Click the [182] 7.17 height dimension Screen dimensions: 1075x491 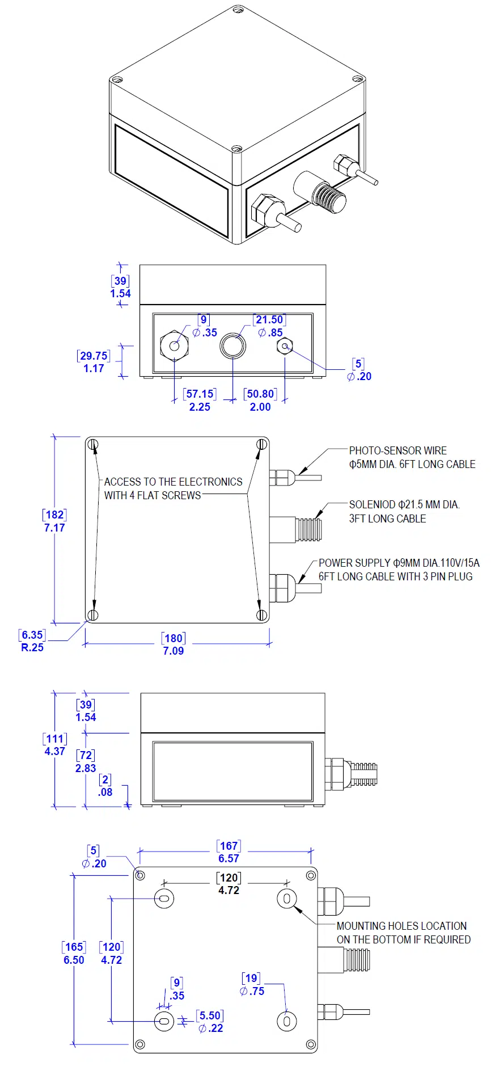point(54,521)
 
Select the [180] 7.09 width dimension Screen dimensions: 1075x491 point(173,644)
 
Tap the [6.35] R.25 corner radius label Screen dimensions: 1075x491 point(32,641)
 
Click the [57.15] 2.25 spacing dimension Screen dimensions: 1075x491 point(200,400)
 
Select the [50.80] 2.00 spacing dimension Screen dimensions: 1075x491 point(260,400)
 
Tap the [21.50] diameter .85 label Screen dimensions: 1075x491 point(269,326)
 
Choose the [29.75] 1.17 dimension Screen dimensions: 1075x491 point(94,362)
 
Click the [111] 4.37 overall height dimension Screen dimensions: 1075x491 point(54,745)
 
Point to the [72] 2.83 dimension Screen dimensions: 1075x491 point(86,761)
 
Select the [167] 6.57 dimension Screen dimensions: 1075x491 point(228,852)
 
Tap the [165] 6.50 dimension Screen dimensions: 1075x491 point(74,953)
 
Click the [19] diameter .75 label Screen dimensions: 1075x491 point(252,984)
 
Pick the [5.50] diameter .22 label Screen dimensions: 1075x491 point(210,1021)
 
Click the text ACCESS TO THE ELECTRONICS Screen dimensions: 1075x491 point(173,482)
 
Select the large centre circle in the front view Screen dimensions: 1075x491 point(233,345)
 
